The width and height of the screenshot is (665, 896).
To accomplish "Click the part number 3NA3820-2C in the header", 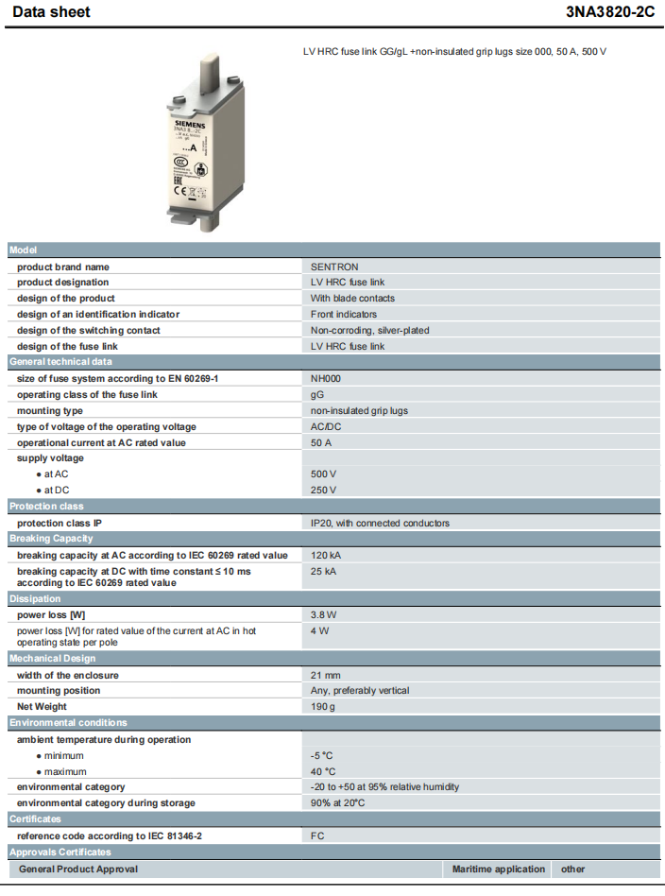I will (x=610, y=12).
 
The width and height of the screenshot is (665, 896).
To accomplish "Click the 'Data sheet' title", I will (x=52, y=12).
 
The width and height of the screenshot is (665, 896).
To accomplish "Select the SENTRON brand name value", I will (x=334, y=267).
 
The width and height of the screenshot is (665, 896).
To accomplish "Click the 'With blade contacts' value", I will (x=352, y=298).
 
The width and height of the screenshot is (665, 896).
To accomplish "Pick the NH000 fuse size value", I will (x=327, y=378).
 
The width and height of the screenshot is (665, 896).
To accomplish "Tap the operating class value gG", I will (x=317, y=394).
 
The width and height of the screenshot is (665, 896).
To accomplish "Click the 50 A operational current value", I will (x=322, y=442).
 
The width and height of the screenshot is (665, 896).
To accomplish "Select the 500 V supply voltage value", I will (x=324, y=474).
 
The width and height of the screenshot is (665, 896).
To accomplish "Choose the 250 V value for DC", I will (x=324, y=490).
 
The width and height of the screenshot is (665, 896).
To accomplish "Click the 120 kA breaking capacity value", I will (x=326, y=555).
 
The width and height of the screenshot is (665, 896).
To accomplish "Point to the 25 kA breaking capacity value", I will (x=324, y=571).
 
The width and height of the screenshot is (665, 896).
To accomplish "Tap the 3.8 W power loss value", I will (x=324, y=614).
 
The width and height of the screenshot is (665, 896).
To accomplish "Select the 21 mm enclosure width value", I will (x=326, y=675).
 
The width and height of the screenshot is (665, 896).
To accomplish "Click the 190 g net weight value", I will (x=322, y=706).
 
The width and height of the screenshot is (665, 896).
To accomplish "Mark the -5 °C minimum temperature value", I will (x=322, y=755).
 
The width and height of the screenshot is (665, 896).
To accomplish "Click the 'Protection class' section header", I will (x=46, y=507).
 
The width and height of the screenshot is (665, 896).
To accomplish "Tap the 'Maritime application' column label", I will (x=498, y=869).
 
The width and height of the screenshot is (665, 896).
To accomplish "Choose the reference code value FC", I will (x=317, y=836).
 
